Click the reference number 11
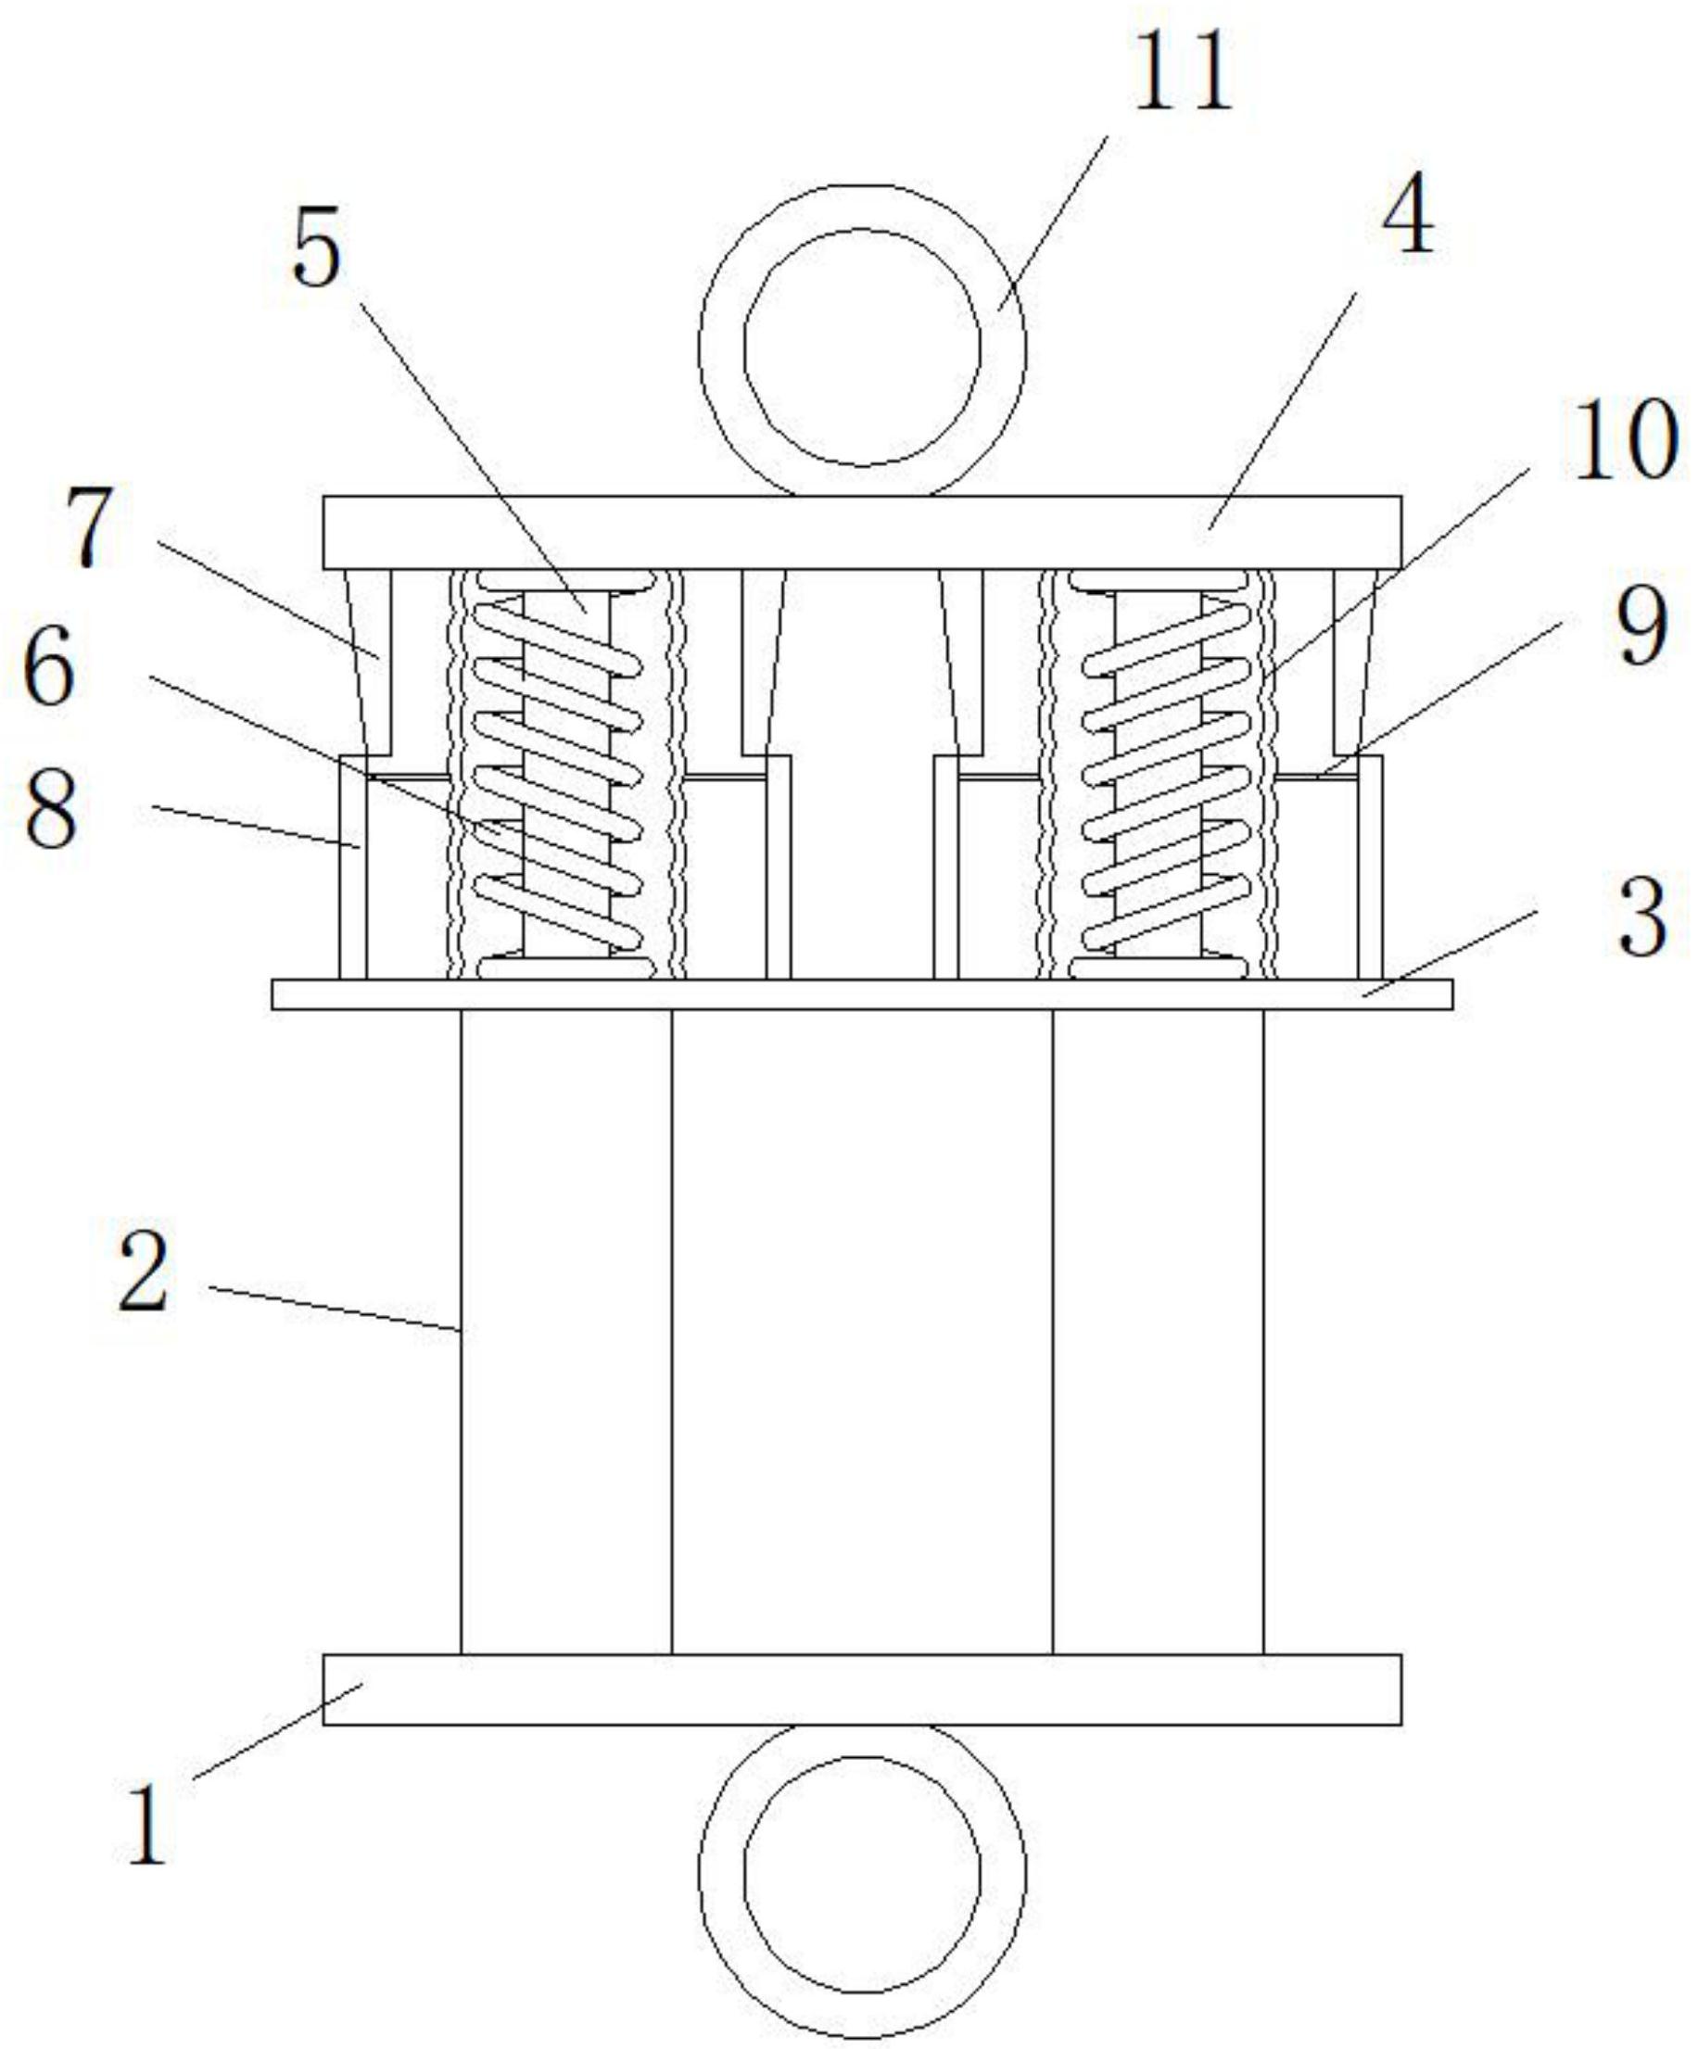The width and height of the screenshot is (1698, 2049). pos(1182,71)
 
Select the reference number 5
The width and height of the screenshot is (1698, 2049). pos(318,247)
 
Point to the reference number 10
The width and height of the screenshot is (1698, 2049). pos(1625,442)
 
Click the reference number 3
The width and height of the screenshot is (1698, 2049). pos(1642,917)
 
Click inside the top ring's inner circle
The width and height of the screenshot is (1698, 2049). pos(862,348)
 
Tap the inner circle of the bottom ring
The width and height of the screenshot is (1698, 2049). pos(862,1869)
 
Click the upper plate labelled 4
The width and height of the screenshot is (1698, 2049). pos(863,533)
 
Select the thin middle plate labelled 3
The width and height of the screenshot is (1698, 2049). pos(863,994)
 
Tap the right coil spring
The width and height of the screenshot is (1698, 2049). pos(1166,775)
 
